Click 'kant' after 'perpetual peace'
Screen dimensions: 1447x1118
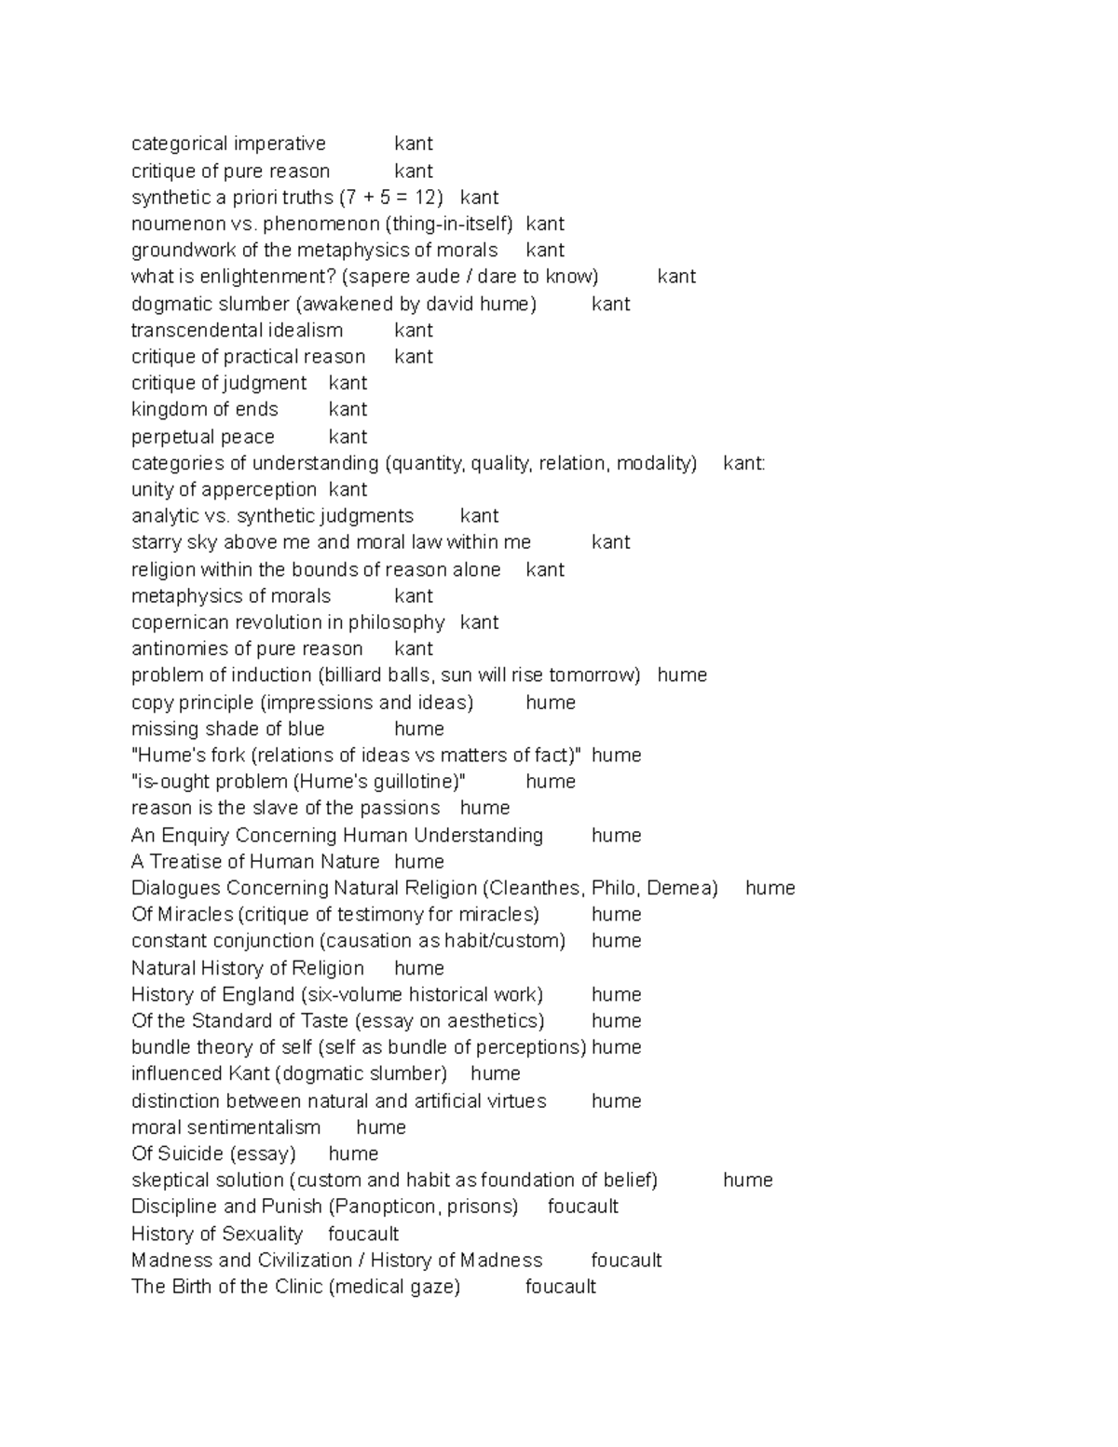click(x=348, y=437)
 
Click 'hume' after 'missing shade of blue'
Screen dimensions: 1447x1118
click(x=418, y=729)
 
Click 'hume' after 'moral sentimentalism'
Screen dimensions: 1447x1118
click(x=381, y=1127)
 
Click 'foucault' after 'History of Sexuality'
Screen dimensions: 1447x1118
click(x=363, y=1235)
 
